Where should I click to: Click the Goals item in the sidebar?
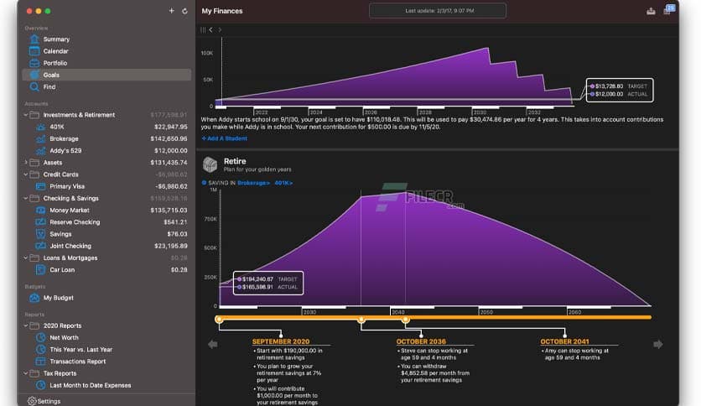click(51, 75)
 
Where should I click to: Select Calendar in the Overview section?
click(55, 51)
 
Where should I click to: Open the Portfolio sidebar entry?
click(55, 63)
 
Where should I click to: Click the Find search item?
click(49, 86)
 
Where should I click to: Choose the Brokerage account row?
click(64, 138)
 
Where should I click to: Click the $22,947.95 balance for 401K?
click(170, 127)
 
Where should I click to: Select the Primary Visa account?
click(66, 186)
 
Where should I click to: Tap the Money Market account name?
click(70, 210)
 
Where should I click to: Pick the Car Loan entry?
click(63, 269)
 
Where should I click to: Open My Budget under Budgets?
click(58, 298)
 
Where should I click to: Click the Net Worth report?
click(64, 337)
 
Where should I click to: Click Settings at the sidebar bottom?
click(48, 401)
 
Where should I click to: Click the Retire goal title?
click(235, 160)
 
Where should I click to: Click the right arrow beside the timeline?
click(658, 344)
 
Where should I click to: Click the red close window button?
click(29, 11)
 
